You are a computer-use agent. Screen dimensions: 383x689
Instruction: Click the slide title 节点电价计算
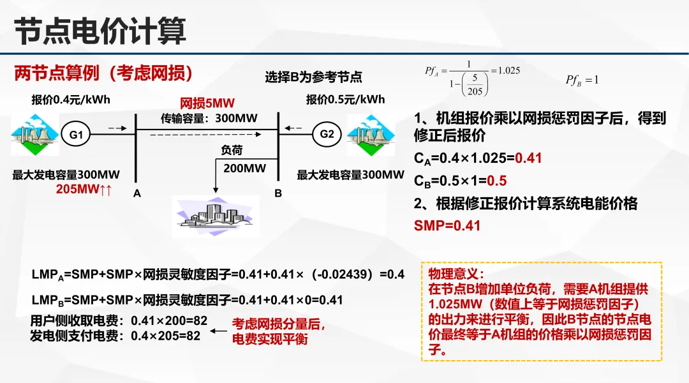(x=100, y=31)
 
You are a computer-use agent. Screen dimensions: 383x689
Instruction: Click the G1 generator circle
(x=77, y=135)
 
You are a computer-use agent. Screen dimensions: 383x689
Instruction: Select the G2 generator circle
(x=327, y=134)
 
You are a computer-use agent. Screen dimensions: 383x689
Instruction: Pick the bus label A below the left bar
(x=137, y=193)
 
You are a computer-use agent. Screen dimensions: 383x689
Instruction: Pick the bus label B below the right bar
(x=278, y=193)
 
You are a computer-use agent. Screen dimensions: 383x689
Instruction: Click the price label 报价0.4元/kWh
(x=71, y=100)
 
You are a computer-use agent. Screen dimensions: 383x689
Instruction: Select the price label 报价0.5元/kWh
(x=345, y=100)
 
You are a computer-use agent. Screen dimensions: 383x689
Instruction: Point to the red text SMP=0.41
(x=447, y=225)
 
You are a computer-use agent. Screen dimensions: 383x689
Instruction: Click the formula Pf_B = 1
(x=581, y=80)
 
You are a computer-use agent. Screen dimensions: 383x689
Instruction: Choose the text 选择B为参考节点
(x=313, y=77)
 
